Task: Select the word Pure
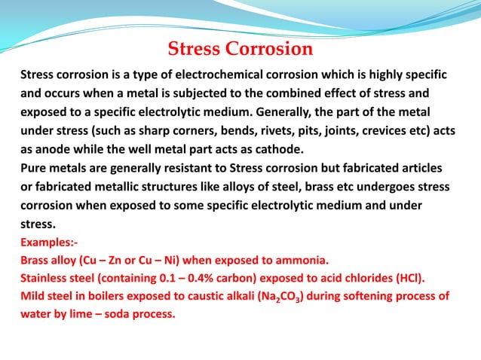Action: click(x=34, y=166)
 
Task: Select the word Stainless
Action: click(x=46, y=278)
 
